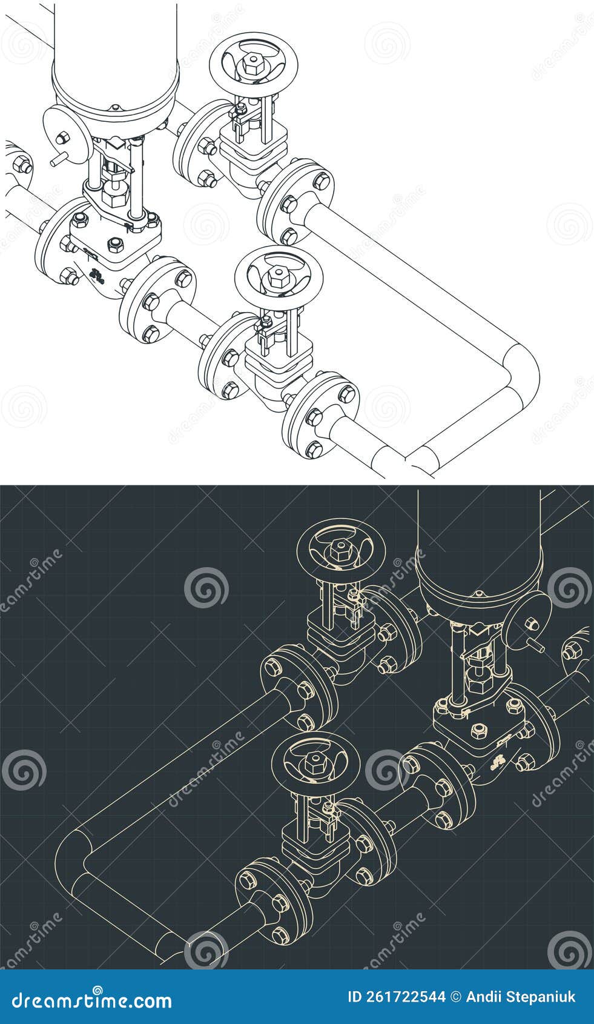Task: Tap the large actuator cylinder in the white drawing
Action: tap(116, 55)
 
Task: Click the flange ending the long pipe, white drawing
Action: tap(295, 202)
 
